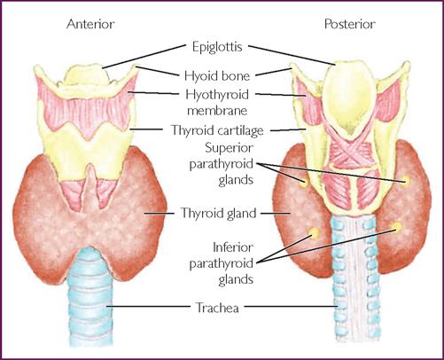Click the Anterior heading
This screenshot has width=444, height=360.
pyautogui.click(x=90, y=24)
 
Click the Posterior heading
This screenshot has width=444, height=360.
pyautogui.click(x=350, y=24)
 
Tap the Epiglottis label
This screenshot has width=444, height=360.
pyautogui.click(x=217, y=47)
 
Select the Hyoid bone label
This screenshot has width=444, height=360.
pyautogui.click(x=217, y=76)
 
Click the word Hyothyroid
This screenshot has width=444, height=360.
pyautogui.click(x=217, y=95)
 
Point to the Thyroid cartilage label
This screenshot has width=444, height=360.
pyautogui.click(x=217, y=130)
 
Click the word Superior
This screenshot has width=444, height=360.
pyautogui.click(x=230, y=148)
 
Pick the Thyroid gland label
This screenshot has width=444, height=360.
pyautogui.click(x=218, y=213)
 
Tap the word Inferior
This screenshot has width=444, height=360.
pyautogui.click(x=233, y=247)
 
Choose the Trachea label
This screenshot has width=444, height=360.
pyautogui.click(x=217, y=308)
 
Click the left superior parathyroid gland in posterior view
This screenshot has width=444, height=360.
pyautogui.click(x=304, y=182)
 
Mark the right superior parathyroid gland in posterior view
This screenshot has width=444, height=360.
pyautogui.click(x=406, y=180)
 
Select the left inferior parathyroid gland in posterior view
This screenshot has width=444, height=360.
pyautogui.click(x=313, y=233)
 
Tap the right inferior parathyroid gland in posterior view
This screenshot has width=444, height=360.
pyautogui.click(x=397, y=227)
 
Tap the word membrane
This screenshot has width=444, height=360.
pyautogui.click(x=217, y=111)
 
